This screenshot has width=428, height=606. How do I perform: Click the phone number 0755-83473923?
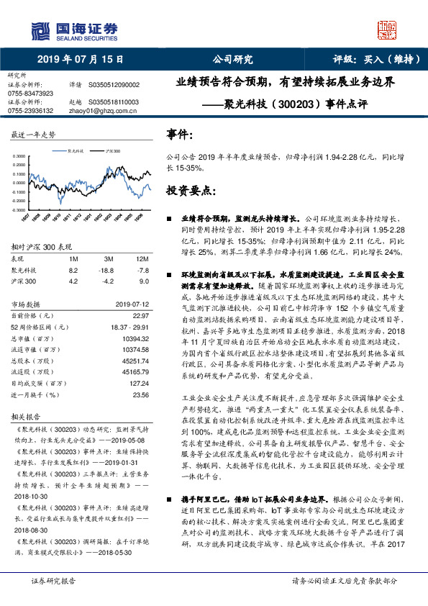tap(30, 94)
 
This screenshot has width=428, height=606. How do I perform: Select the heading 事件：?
tap(181, 135)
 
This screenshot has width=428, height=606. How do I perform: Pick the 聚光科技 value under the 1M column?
tap(73, 269)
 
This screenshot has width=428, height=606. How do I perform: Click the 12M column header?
tap(142, 258)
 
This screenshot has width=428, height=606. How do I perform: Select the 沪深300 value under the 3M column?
tap(108, 281)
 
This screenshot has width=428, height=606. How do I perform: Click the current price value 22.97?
tap(140, 315)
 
